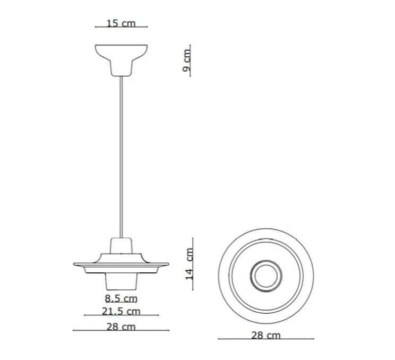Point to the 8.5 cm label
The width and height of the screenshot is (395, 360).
(x=121, y=298)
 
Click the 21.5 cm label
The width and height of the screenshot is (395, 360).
(x=121, y=311)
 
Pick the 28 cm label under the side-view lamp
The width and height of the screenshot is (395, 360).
(x=121, y=327)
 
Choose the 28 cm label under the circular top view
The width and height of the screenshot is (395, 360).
(x=265, y=335)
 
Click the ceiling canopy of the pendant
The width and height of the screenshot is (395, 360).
(x=121, y=57)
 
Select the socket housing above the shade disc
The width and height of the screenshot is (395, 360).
(x=122, y=247)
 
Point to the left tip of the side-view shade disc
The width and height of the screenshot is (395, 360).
(x=73, y=264)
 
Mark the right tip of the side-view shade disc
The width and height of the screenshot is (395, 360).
(x=169, y=264)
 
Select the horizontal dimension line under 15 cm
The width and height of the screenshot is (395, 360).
(x=121, y=28)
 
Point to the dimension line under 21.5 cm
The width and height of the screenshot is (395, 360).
(x=121, y=315)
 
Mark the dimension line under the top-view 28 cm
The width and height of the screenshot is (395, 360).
(x=265, y=339)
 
